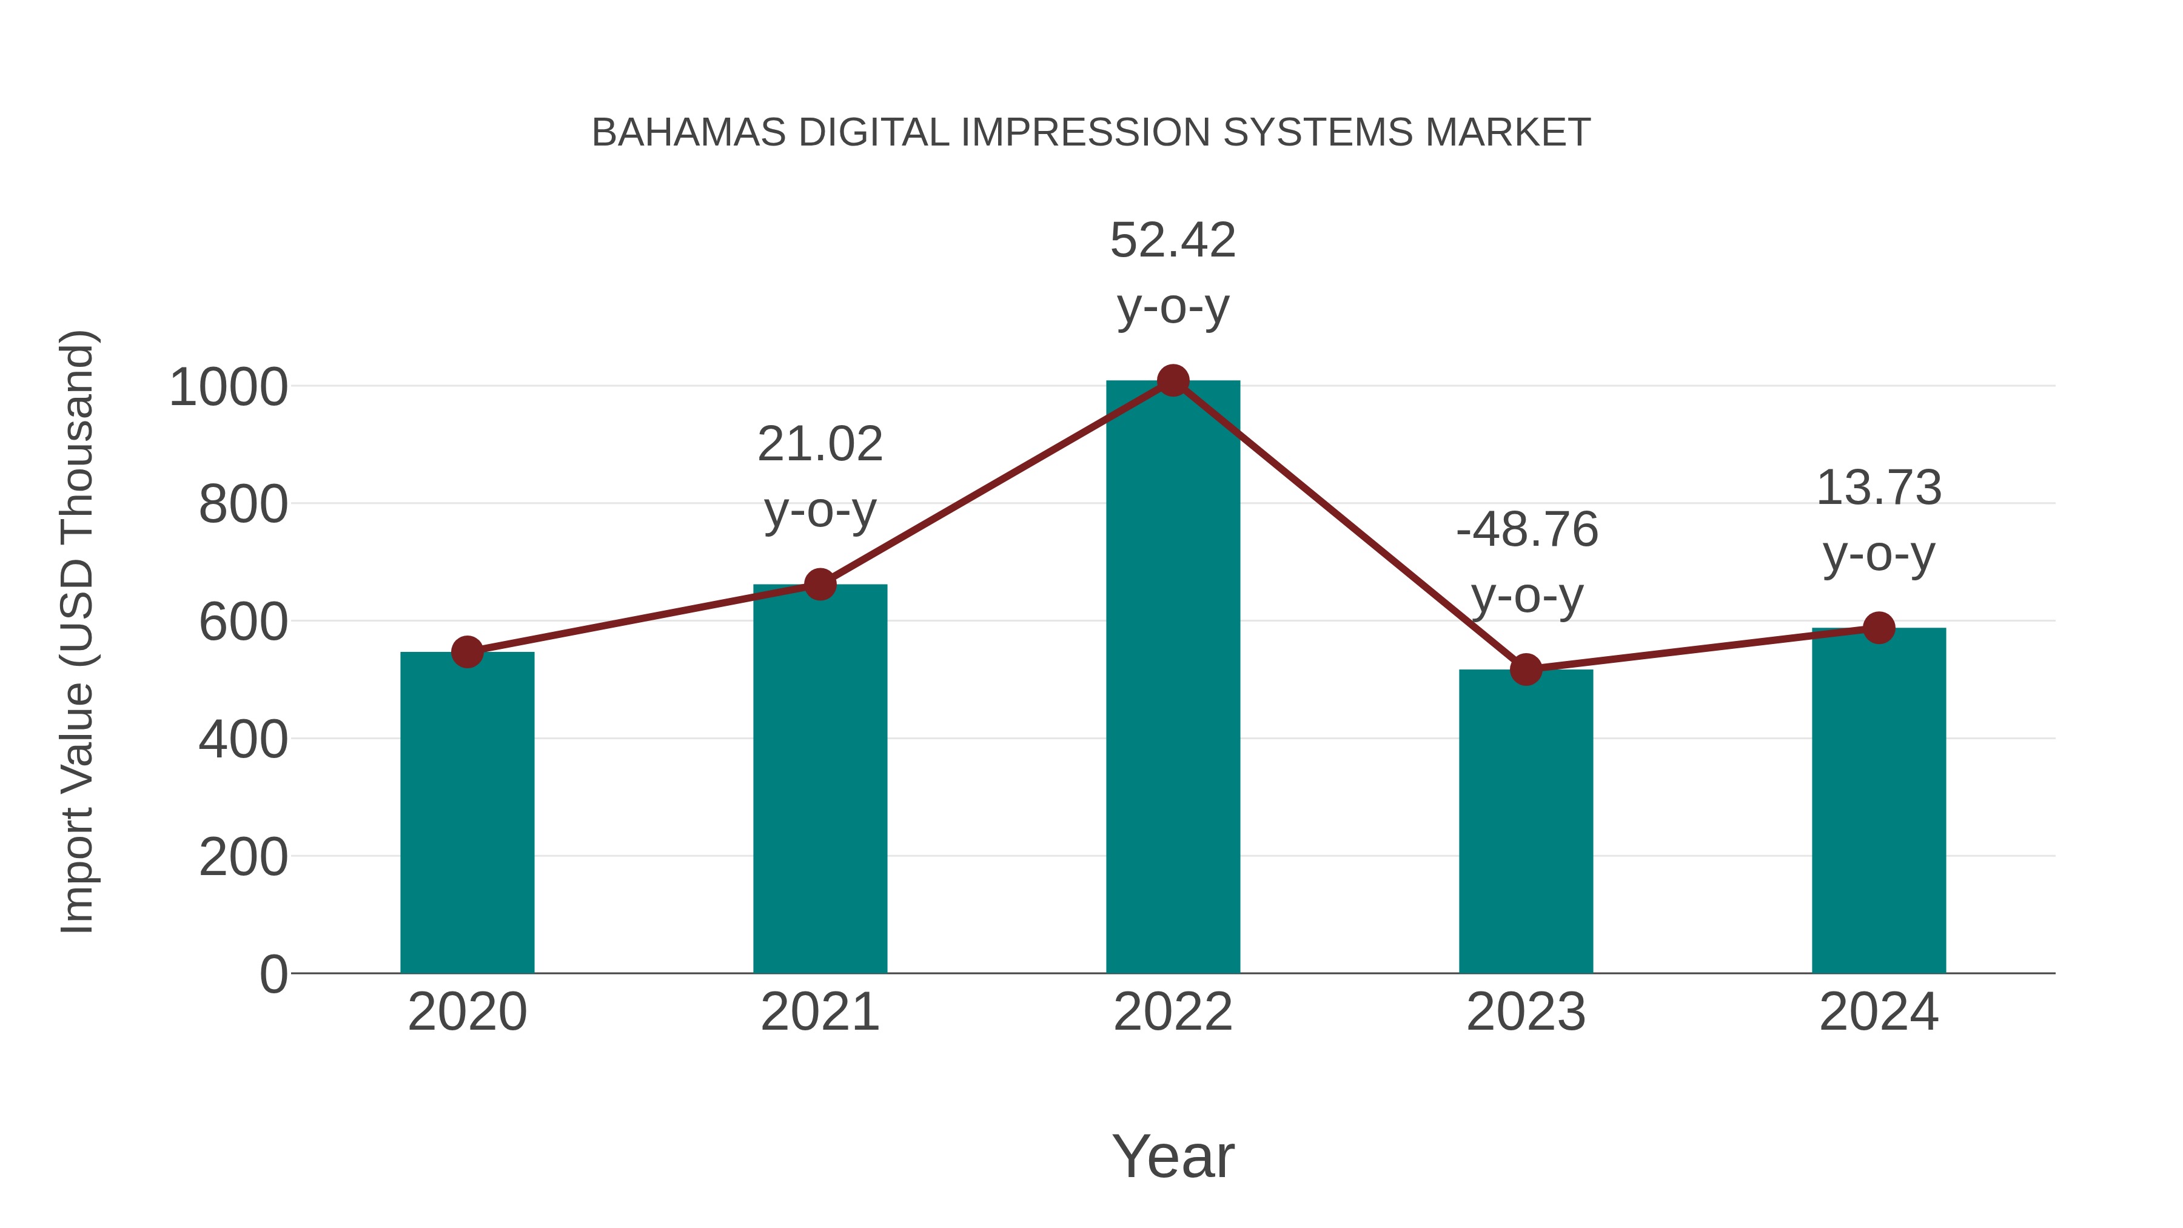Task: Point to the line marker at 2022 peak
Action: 1173,380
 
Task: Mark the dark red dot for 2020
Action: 467,652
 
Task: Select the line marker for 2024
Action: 1879,628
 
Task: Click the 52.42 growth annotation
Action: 1173,241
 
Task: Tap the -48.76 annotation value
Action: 1527,531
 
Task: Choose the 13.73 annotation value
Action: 1879,489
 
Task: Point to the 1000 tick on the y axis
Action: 229,388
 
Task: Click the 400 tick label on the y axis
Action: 243,740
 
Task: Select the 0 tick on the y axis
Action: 273,975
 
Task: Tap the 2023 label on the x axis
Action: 1526,1012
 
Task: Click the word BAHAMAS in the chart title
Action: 689,133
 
